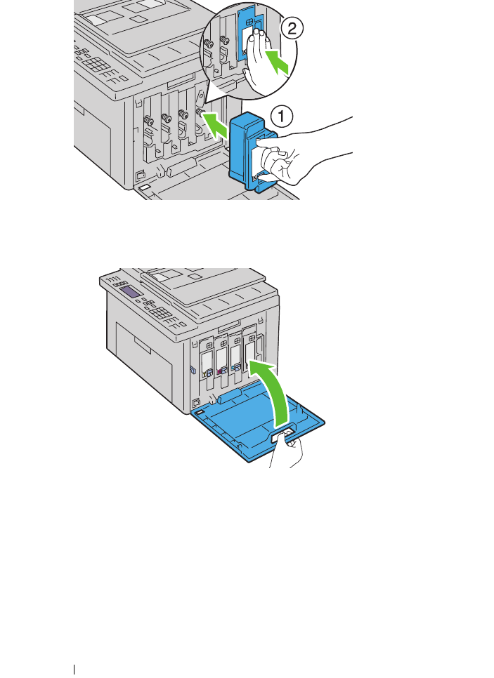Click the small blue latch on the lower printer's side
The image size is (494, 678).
[191, 369]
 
